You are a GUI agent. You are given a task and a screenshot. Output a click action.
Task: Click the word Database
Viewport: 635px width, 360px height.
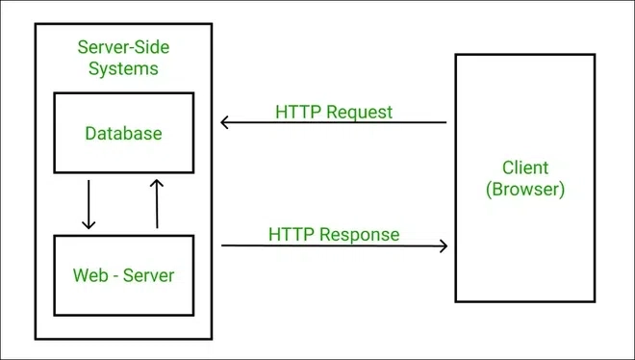(x=123, y=133)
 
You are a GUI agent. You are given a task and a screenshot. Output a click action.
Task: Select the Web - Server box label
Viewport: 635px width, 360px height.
(x=123, y=275)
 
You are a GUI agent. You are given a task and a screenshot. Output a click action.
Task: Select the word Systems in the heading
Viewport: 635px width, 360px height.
(x=123, y=69)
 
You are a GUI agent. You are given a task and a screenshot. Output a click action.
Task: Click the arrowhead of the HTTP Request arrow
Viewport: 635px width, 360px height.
(x=224, y=122)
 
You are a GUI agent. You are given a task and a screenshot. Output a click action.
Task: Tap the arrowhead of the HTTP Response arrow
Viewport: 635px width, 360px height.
(x=444, y=245)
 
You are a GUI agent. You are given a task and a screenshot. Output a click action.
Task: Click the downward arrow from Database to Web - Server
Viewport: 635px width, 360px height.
(x=89, y=202)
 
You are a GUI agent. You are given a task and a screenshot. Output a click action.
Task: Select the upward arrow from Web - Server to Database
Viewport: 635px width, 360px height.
(x=157, y=202)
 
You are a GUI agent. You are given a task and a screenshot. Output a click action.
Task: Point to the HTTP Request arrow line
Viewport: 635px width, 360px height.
(x=337, y=122)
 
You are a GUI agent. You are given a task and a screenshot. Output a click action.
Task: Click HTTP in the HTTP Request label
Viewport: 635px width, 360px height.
(x=295, y=112)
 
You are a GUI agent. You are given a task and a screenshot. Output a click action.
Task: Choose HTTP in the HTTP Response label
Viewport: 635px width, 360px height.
(x=289, y=234)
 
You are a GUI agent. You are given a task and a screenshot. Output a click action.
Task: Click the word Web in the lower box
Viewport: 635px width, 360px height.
(x=89, y=275)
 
